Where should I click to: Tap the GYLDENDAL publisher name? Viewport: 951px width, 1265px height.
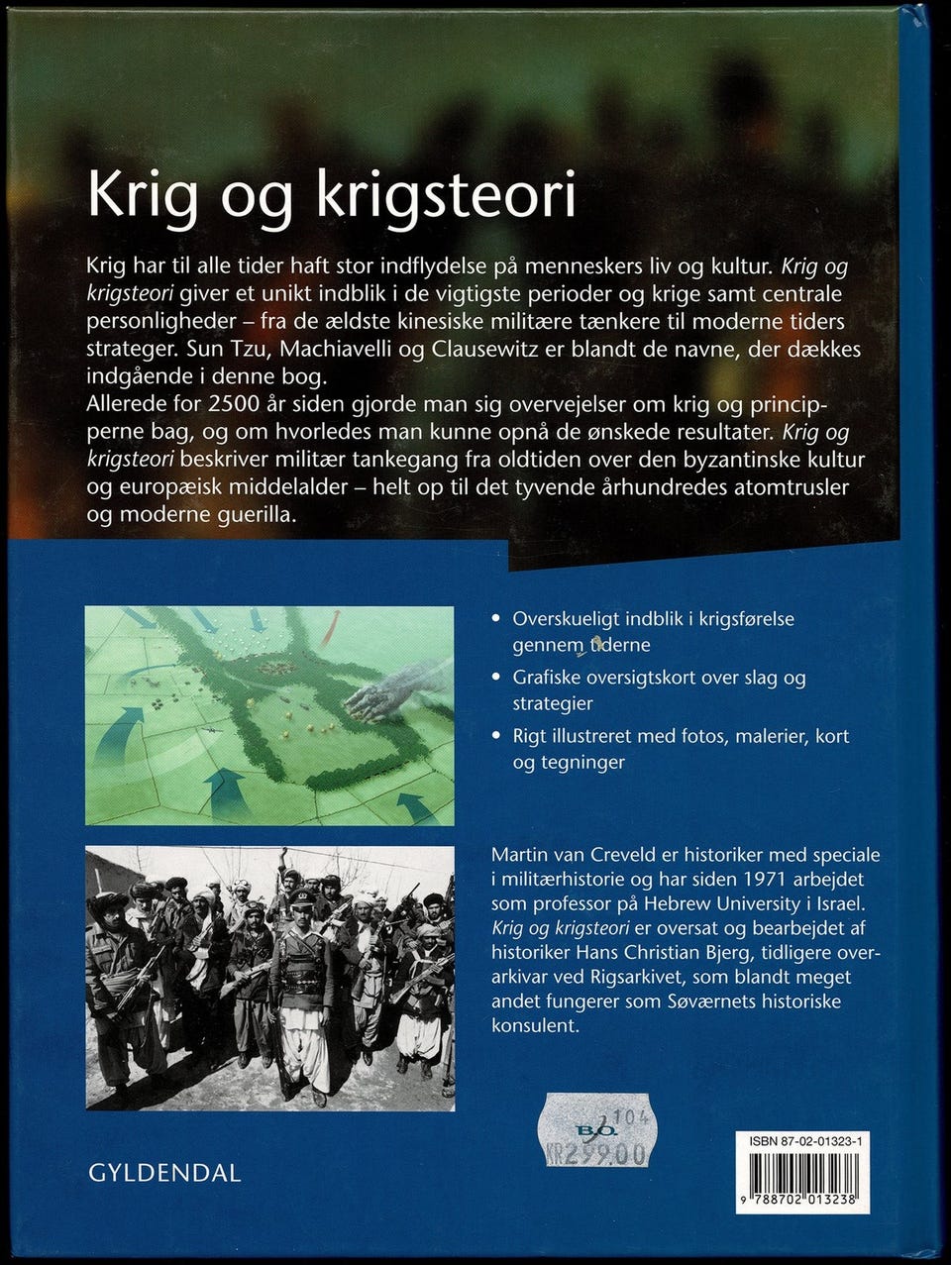(x=164, y=1173)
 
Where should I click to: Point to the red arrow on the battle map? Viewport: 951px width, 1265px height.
(x=330, y=627)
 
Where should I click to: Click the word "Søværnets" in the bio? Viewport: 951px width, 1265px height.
(x=712, y=1001)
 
